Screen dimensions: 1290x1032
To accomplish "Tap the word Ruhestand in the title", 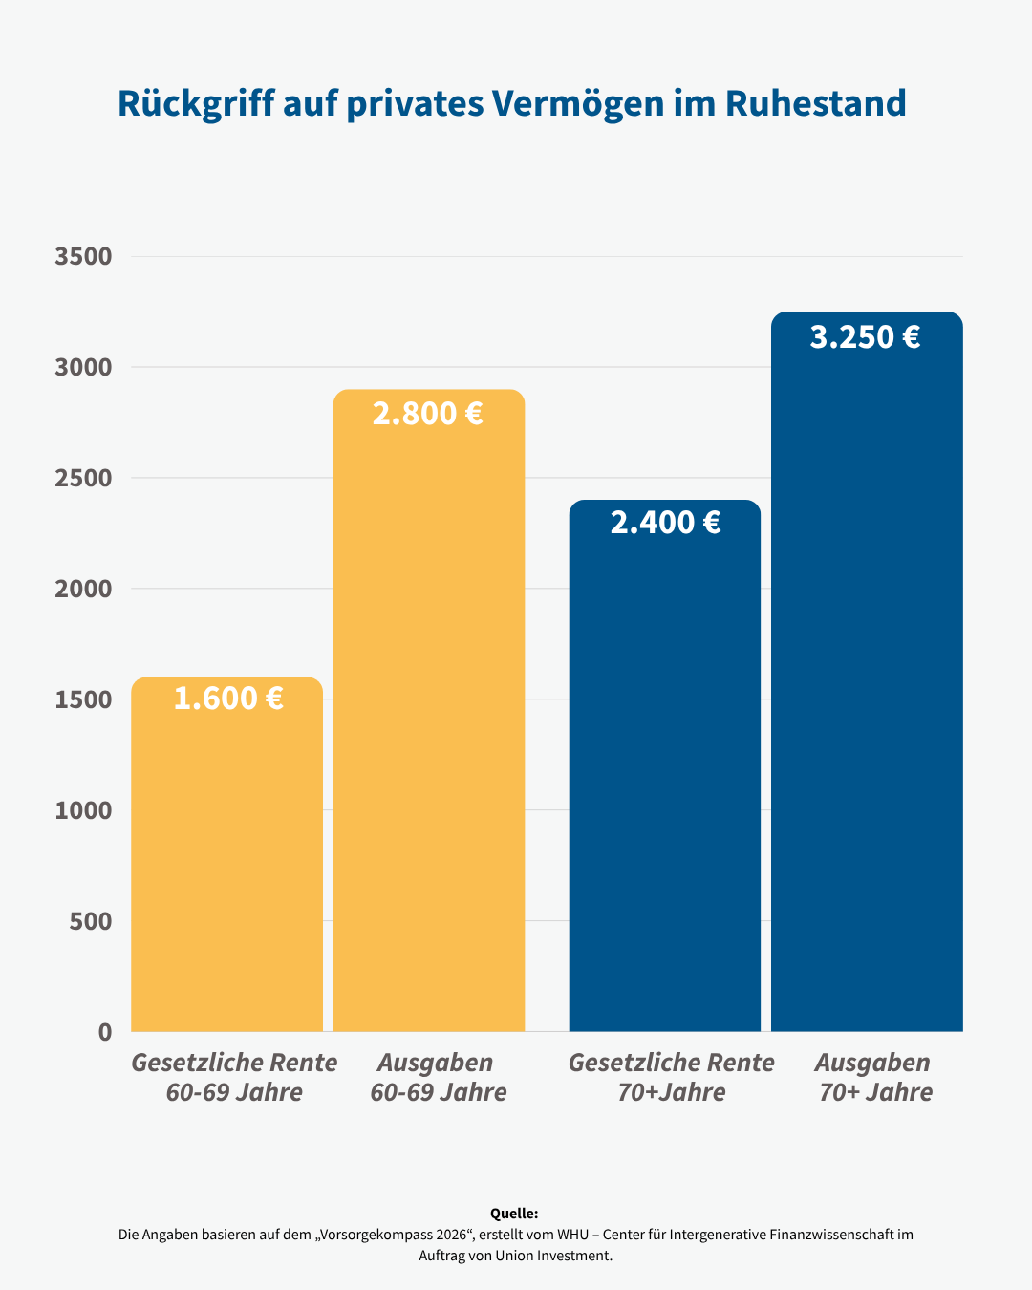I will click(815, 103).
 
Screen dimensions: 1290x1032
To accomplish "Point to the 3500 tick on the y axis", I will click(84, 256).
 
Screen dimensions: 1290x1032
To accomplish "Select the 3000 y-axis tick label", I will click(84, 367).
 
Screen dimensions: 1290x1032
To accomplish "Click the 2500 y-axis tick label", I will click(84, 478).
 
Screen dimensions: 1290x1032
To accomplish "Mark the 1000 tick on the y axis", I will click(84, 810).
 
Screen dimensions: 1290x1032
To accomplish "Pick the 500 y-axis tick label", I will click(91, 921).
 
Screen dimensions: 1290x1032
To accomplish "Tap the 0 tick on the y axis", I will click(105, 1032).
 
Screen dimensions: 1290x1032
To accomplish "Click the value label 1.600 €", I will click(228, 699).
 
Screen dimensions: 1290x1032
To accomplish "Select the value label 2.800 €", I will click(428, 414).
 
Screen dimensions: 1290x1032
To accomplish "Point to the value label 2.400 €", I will click(665, 523).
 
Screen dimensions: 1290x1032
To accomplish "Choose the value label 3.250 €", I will click(866, 337).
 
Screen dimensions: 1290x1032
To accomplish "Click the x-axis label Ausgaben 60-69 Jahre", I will click(438, 1077).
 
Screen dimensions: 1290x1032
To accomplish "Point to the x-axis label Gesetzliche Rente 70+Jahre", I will click(671, 1077).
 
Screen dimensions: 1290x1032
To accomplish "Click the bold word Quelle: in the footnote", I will click(514, 1214).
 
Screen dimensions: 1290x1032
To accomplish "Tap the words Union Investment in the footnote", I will click(553, 1256).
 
